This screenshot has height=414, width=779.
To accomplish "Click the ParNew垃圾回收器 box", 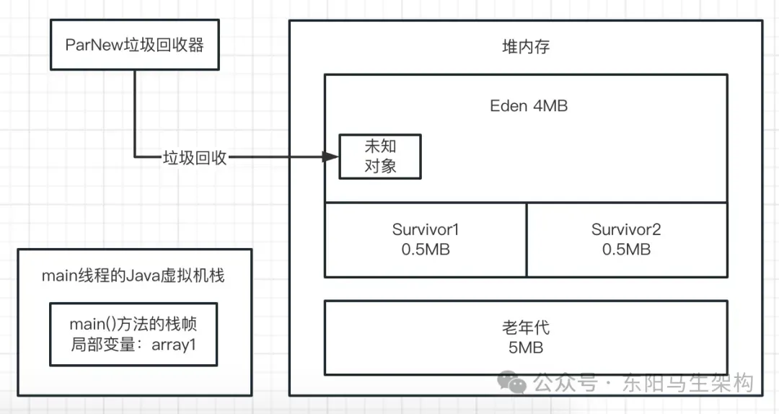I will [134, 45].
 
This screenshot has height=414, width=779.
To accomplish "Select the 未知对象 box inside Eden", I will [380, 157].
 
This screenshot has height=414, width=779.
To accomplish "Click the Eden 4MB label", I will [529, 106].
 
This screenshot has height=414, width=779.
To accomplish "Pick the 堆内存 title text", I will [527, 47].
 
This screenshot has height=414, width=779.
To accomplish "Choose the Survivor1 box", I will [426, 239].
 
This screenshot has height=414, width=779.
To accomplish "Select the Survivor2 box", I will [626, 239].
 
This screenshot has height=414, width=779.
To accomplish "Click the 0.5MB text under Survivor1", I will [426, 250].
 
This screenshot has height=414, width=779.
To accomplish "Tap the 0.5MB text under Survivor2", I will [626, 250].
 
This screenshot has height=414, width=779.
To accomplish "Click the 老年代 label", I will [526, 327].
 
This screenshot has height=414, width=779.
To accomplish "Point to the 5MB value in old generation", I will [526, 348].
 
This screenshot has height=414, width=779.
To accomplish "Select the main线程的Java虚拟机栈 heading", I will [133, 276].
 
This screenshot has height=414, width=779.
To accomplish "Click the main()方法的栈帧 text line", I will [133, 323].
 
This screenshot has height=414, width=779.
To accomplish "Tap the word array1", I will [173, 344].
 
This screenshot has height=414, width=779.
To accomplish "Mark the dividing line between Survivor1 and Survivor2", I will [527, 239].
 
